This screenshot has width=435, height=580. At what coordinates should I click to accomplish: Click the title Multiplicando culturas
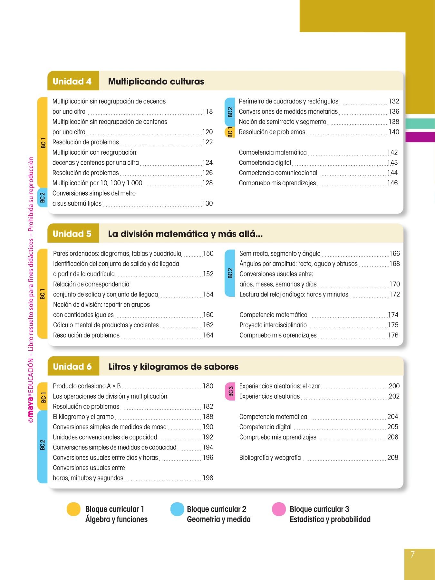[x=156, y=82]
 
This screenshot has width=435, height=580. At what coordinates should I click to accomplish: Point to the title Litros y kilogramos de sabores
[x=173, y=367]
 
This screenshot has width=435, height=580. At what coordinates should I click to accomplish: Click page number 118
[x=208, y=111]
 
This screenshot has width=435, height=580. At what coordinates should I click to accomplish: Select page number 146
[x=393, y=183]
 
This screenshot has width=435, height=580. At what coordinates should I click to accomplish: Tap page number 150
[x=208, y=254]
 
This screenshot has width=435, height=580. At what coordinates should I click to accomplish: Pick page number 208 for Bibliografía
[x=393, y=458]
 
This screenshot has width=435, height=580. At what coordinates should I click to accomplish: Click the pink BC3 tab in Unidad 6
[x=231, y=391]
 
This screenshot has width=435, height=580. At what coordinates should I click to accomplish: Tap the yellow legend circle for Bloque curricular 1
[x=73, y=509]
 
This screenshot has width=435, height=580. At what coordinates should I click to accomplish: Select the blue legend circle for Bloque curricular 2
[x=177, y=509]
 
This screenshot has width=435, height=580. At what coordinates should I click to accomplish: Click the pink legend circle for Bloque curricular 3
[x=279, y=509]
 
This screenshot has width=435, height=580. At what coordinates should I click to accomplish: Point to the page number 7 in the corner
[x=412, y=554]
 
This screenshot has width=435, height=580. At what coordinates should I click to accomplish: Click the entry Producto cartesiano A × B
[x=87, y=386]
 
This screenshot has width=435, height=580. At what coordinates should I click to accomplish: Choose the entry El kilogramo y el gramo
[x=83, y=417]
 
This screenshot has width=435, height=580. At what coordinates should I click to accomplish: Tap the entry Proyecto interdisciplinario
[x=273, y=325]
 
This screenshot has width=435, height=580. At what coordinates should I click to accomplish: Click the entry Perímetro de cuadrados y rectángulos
[x=288, y=101]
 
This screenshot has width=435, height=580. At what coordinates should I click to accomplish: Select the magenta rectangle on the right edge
[x=420, y=137]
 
